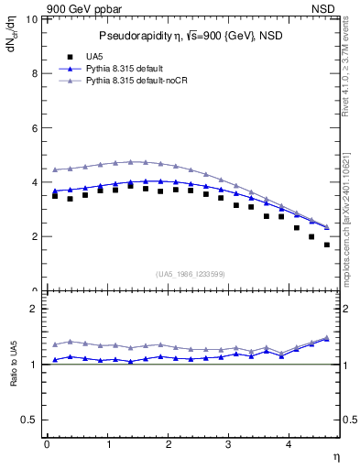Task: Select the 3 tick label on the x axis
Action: click(x=229, y=444)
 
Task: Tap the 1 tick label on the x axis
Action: click(x=107, y=444)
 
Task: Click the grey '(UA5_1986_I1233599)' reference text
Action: click(x=191, y=274)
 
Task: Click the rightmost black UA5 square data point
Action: click(x=327, y=245)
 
